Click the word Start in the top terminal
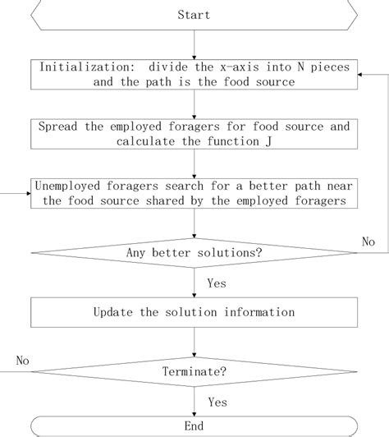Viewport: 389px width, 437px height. pos(194,15)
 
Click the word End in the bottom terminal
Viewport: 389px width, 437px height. pos(194,425)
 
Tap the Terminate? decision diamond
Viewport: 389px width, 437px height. pos(194,372)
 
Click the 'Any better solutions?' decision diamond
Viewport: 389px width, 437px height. pos(194,252)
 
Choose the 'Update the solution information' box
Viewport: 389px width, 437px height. pos(194,312)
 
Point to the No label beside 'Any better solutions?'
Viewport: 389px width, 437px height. pos(368,241)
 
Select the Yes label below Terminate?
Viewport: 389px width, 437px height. pos(217,402)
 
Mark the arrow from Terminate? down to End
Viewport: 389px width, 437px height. pos(194,399)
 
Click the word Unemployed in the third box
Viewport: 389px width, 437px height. pos(68,186)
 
